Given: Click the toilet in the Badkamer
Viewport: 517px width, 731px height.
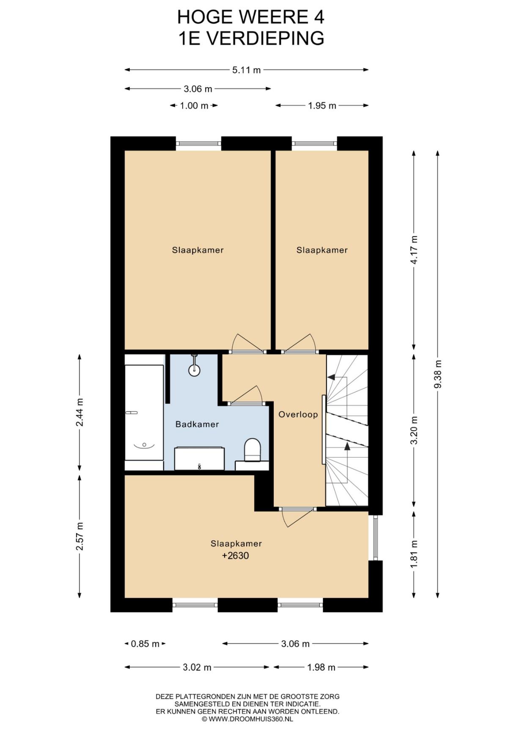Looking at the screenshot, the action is (253, 450).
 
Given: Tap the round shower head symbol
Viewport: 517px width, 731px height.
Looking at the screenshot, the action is (194, 369).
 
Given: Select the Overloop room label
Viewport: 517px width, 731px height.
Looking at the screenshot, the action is (298, 415).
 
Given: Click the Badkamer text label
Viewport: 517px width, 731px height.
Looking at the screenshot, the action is (197, 424).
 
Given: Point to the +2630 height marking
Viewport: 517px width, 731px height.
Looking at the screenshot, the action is (235, 556).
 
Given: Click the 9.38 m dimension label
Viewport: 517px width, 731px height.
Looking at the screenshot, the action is (438, 374).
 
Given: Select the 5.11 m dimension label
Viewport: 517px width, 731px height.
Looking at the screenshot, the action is (247, 70).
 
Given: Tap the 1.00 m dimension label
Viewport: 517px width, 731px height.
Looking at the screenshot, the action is (194, 106).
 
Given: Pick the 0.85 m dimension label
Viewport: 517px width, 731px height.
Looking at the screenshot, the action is (145, 644).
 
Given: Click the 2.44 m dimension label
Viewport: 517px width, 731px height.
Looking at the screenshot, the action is (80, 412).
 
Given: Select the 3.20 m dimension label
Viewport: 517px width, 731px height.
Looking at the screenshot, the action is (414, 430).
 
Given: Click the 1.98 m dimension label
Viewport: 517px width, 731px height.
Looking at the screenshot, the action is (321, 668).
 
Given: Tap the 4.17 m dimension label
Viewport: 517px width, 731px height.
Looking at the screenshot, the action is (414, 250).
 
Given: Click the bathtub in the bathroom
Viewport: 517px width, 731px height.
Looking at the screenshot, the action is (144, 412).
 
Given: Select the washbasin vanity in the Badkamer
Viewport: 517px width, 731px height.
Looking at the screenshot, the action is (199, 458).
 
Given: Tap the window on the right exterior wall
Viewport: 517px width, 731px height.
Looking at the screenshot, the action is (375, 538).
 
